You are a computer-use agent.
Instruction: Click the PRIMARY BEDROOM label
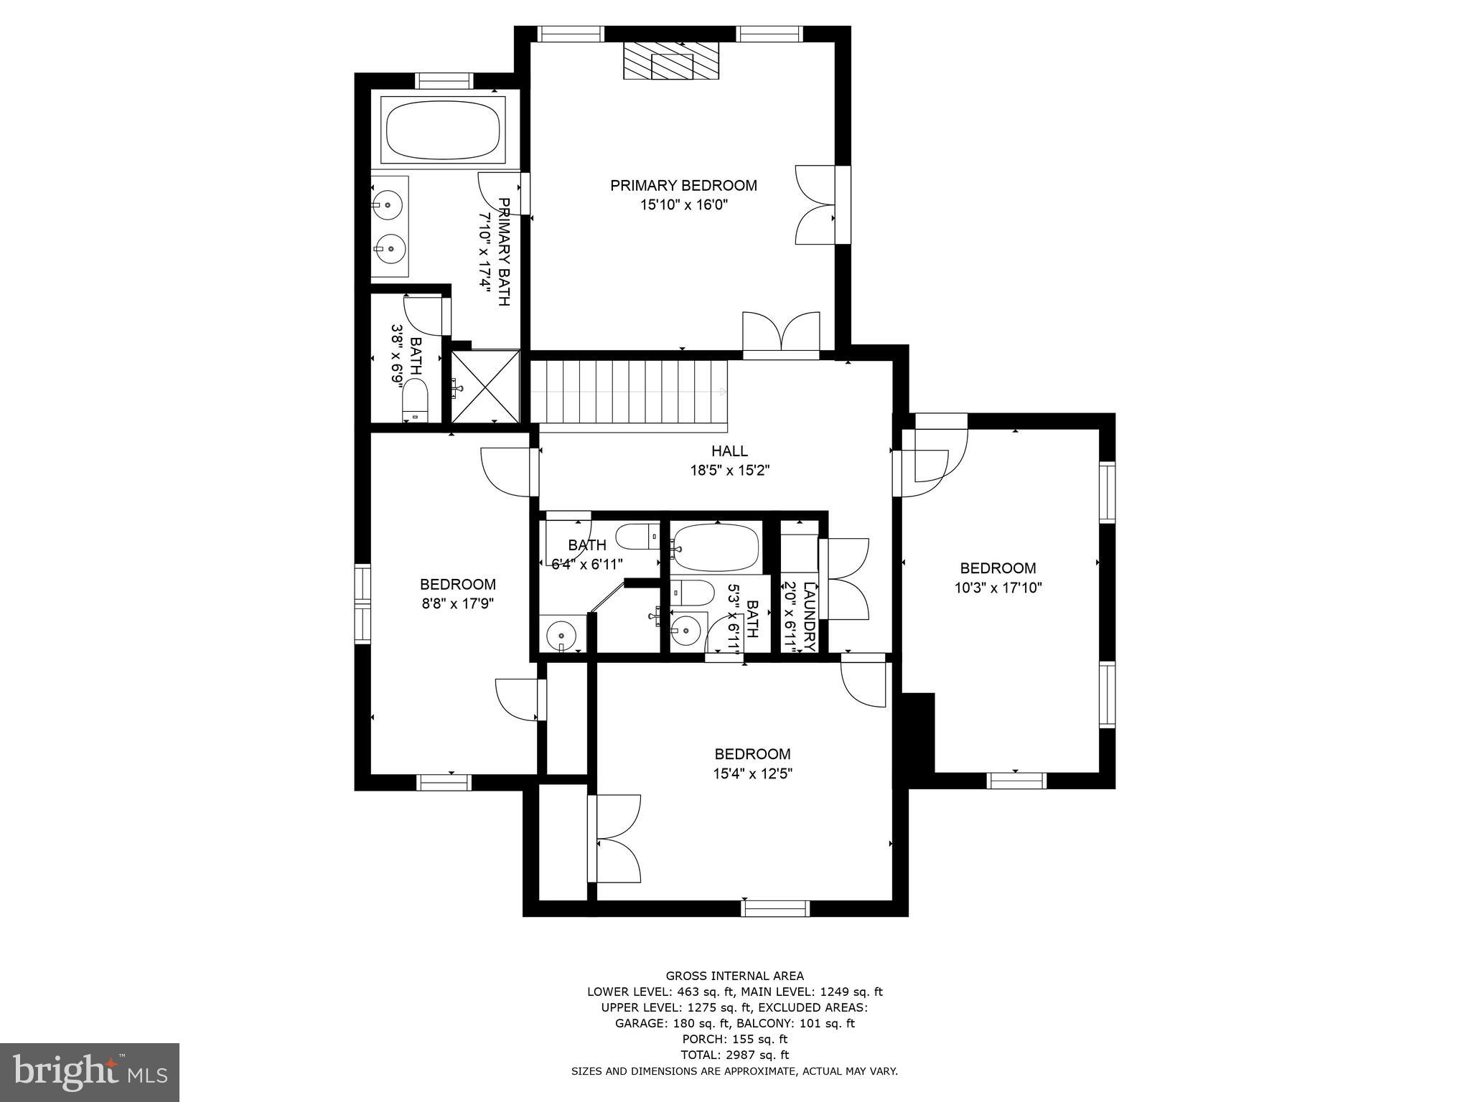[x=683, y=186]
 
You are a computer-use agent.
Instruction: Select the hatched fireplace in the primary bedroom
[x=670, y=61]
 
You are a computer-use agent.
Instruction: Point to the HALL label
[x=729, y=451]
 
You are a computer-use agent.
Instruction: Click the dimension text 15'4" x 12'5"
[x=752, y=774]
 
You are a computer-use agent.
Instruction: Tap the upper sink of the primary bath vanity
[x=388, y=203]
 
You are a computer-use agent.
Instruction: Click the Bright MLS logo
[x=90, y=1073]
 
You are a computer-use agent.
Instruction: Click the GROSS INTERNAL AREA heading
[x=734, y=976]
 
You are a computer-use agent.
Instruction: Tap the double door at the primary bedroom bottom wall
[x=781, y=336]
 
